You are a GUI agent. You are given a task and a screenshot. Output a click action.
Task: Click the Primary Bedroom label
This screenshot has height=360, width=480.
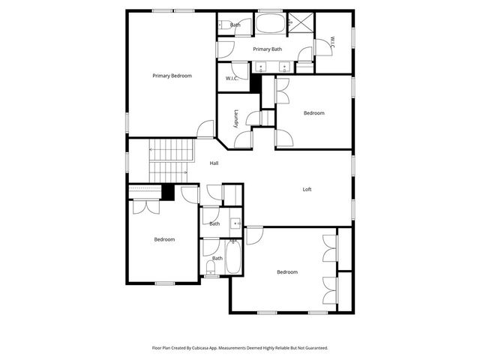click(x=172, y=76)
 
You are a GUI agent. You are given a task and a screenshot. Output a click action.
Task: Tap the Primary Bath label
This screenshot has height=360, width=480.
click(x=267, y=49)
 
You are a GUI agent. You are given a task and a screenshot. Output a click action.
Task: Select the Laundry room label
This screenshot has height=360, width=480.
click(x=235, y=118)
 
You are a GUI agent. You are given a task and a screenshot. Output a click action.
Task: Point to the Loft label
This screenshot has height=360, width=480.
click(x=307, y=190)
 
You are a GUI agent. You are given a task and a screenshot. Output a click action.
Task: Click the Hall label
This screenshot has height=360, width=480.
click(x=214, y=163)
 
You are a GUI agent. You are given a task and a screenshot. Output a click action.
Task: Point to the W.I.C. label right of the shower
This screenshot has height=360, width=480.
click(x=333, y=43)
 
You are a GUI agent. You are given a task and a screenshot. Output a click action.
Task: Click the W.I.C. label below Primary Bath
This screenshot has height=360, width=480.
click(x=232, y=78)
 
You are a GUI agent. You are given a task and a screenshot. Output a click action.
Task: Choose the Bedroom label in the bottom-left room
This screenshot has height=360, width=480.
click(x=164, y=239)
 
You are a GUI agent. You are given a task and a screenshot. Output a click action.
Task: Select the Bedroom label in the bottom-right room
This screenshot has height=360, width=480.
click(x=286, y=272)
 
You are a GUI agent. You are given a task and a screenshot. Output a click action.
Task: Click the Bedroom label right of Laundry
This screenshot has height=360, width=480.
click(x=313, y=113)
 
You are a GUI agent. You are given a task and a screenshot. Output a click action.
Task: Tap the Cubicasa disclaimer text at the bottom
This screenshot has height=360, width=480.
click(x=240, y=348)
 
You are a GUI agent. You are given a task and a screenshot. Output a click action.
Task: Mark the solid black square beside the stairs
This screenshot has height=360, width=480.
click(x=168, y=192)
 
